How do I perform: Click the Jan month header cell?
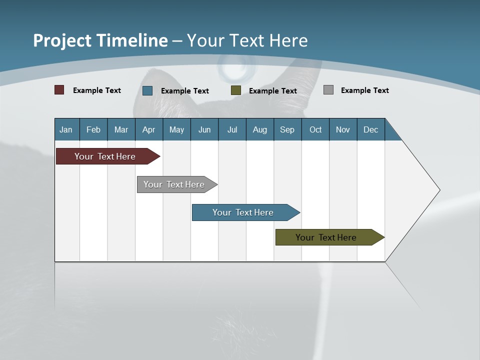pos(66,129)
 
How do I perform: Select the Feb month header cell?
pos(93,129)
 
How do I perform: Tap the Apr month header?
pos(149,129)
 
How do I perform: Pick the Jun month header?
pos(204,129)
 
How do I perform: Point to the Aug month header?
pos(260,129)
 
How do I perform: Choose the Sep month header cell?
pos(287,129)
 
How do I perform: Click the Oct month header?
pos(315,129)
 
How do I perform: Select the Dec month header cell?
pos(371,129)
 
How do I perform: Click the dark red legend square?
pos(59,90)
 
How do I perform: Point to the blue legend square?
pos(147,90)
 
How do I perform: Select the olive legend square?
pos(236,90)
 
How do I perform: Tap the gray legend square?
pos(328,90)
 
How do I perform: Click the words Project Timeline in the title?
pos(100,40)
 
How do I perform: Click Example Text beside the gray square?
pos(364,90)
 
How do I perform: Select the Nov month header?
pos(343,129)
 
